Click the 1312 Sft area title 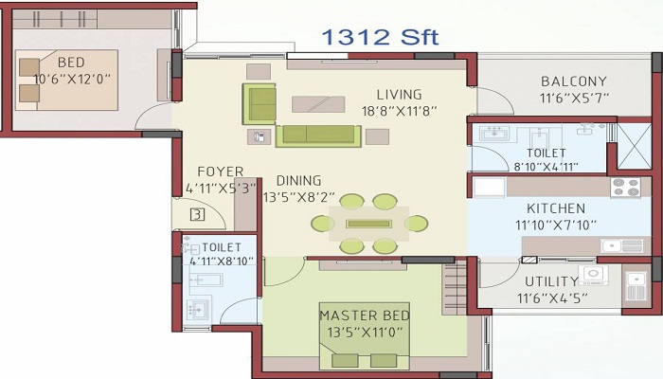380,38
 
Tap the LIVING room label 399,95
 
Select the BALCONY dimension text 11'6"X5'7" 574,99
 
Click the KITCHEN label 556,208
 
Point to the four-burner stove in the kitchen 625,188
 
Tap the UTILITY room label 551,281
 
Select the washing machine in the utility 593,275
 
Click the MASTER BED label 365,316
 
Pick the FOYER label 221,171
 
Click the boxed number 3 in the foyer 197,214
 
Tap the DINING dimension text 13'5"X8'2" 299,197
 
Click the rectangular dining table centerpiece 368,224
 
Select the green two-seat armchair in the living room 260,103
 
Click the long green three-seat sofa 318,135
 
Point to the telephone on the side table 260,137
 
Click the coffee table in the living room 318,104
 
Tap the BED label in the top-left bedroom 71,63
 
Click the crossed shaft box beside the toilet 634,146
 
